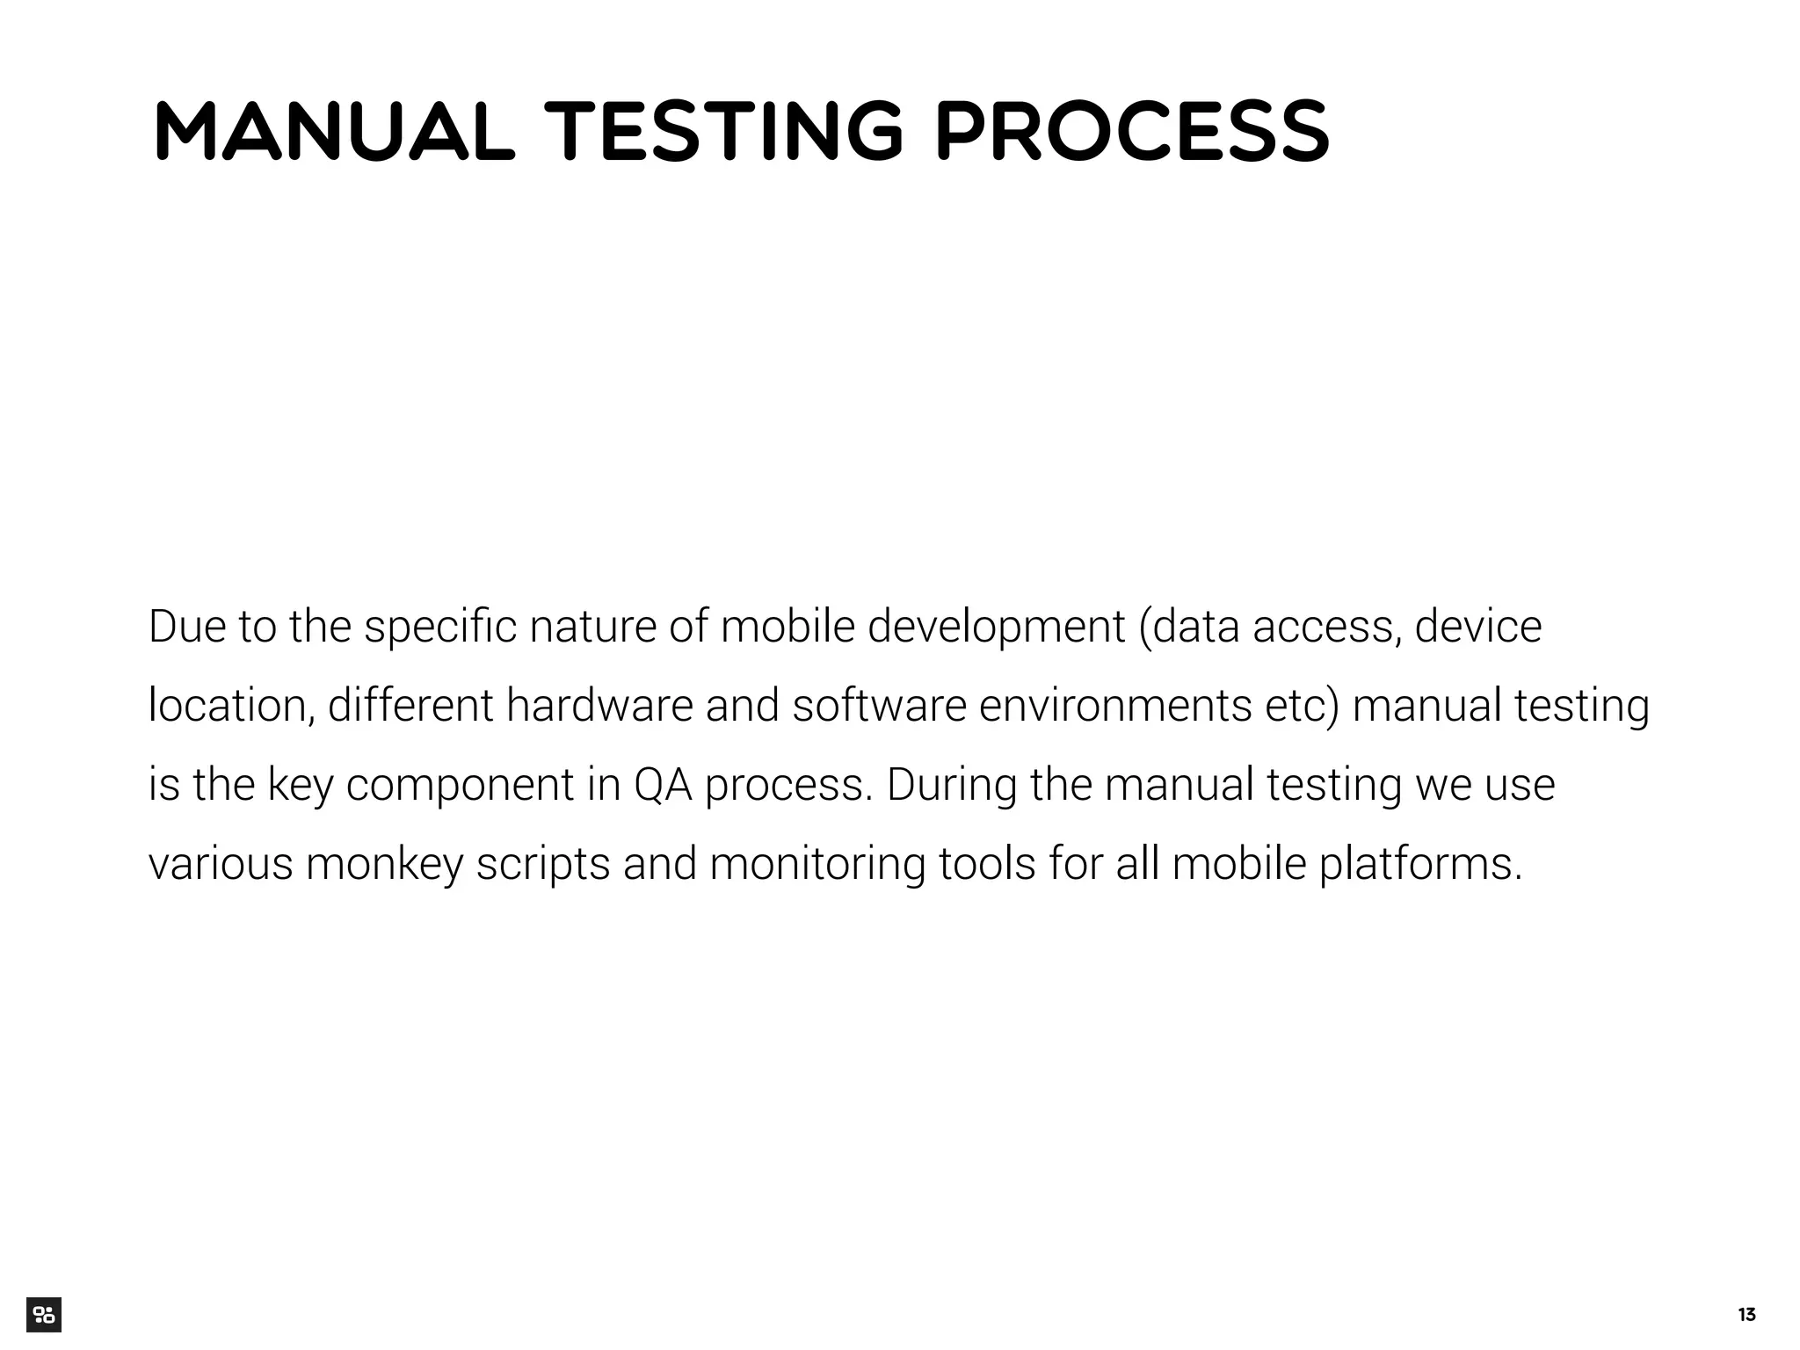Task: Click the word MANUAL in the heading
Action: pos(333,133)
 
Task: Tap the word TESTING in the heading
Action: pos(723,133)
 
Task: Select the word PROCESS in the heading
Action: pos(1132,133)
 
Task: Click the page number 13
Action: pos(1746,1315)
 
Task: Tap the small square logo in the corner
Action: pos(44,1315)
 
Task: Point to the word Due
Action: pos(187,627)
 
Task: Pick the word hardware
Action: pos(599,706)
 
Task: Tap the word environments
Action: pos(1115,706)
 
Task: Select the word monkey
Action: pos(384,865)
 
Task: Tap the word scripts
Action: pos(542,865)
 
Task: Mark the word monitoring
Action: pos(817,865)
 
